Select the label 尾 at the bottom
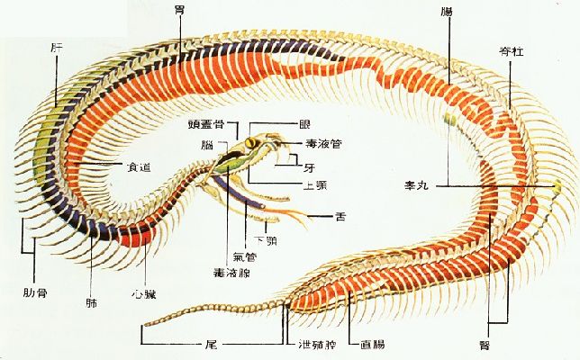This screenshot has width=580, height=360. (x=209, y=344)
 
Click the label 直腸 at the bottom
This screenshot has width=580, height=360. (x=373, y=344)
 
